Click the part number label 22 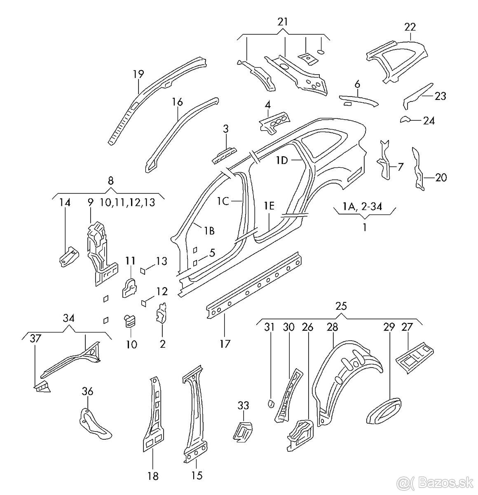[x=410, y=27]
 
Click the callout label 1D [x=282, y=161]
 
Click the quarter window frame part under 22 [x=398, y=60]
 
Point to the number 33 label [x=244, y=405]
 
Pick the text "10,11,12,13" [x=127, y=203]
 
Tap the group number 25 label [x=341, y=306]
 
